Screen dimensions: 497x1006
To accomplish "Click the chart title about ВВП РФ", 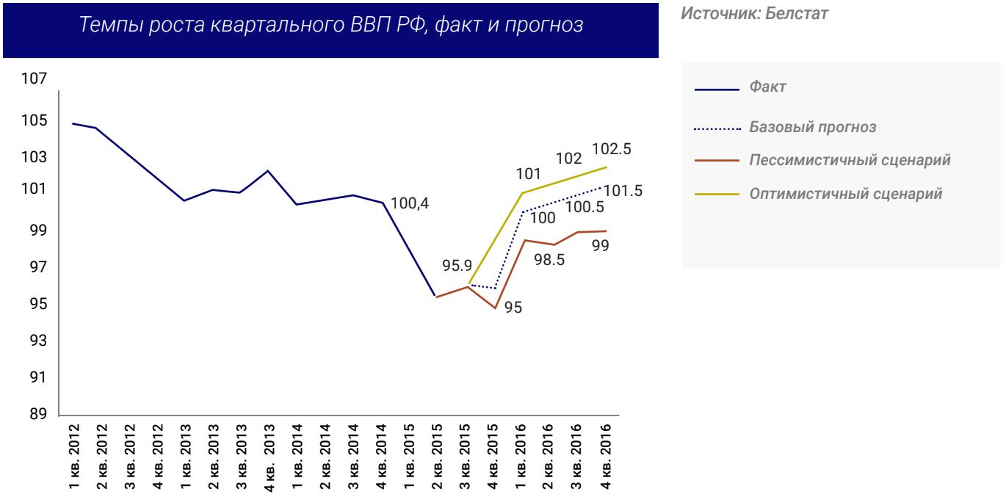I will click(x=330, y=26).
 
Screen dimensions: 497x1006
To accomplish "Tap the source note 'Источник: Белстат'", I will click(x=755, y=14).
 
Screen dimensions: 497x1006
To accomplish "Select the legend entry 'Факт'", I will click(x=767, y=87).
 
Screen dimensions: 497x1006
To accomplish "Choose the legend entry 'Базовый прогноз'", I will click(x=812, y=128).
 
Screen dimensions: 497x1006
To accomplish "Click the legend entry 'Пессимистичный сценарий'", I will click(x=850, y=160).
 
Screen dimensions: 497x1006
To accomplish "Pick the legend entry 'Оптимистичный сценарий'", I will click(x=845, y=195).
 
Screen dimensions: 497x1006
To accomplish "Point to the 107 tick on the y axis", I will click(x=34, y=79).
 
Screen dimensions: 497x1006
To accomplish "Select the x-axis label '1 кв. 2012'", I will click(x=73, y=456).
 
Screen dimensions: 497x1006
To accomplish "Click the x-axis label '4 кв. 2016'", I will click(x=607, y=456).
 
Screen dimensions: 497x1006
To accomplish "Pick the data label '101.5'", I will click(x=623, y=191).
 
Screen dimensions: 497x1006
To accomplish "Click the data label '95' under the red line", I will click(x=513, y=308).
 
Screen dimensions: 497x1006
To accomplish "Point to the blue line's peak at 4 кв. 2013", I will click(x=268, y=170).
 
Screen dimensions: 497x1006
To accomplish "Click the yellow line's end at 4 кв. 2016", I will click(x=607, y=167).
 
